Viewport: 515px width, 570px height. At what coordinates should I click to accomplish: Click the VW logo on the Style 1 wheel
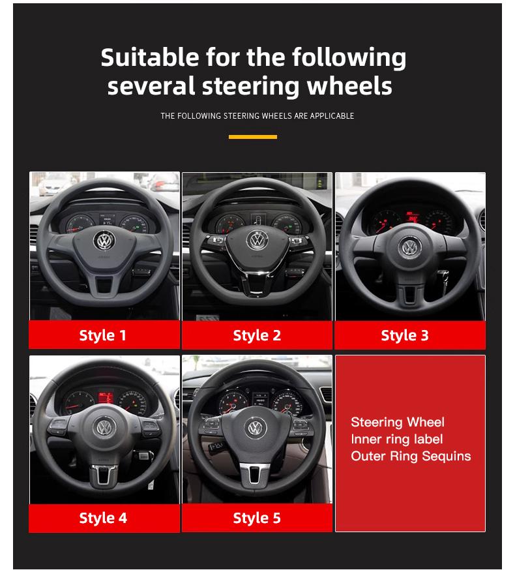pos(104,241)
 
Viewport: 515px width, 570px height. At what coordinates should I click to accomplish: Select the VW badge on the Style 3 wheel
pos(410,247)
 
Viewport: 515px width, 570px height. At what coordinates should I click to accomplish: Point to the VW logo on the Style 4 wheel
pos(104,428)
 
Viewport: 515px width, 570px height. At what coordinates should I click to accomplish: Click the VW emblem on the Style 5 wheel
pos(256,428)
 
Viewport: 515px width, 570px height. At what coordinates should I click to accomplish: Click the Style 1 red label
pos(104,335)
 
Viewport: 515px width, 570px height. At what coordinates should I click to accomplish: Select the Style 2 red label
pos(257,335)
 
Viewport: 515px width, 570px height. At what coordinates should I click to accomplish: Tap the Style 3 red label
pos(410,335)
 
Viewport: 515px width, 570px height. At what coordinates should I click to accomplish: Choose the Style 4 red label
pos(104,518)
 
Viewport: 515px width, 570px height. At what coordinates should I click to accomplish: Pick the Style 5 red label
pos(257,518)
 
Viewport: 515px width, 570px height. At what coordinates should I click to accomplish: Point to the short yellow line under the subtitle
pos(253,137)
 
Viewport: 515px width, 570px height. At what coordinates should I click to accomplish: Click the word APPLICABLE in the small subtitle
pos(332,116)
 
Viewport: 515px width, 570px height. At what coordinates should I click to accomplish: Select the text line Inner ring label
pos(396,439)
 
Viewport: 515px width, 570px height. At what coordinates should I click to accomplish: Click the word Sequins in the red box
pos(446,456)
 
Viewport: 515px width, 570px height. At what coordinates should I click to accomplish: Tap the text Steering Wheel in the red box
pos(398,422)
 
